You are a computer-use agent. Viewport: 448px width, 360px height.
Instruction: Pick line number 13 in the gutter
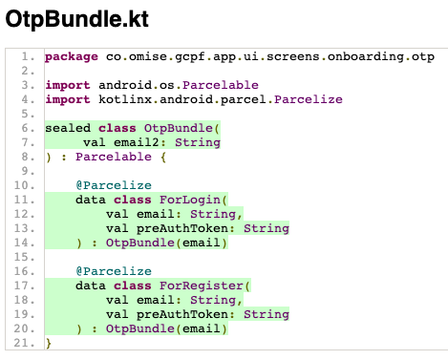tap(27, 228)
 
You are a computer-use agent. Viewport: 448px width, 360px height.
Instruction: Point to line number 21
tap(27, 342)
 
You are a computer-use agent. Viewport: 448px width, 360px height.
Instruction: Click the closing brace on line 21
tap(48, 343)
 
